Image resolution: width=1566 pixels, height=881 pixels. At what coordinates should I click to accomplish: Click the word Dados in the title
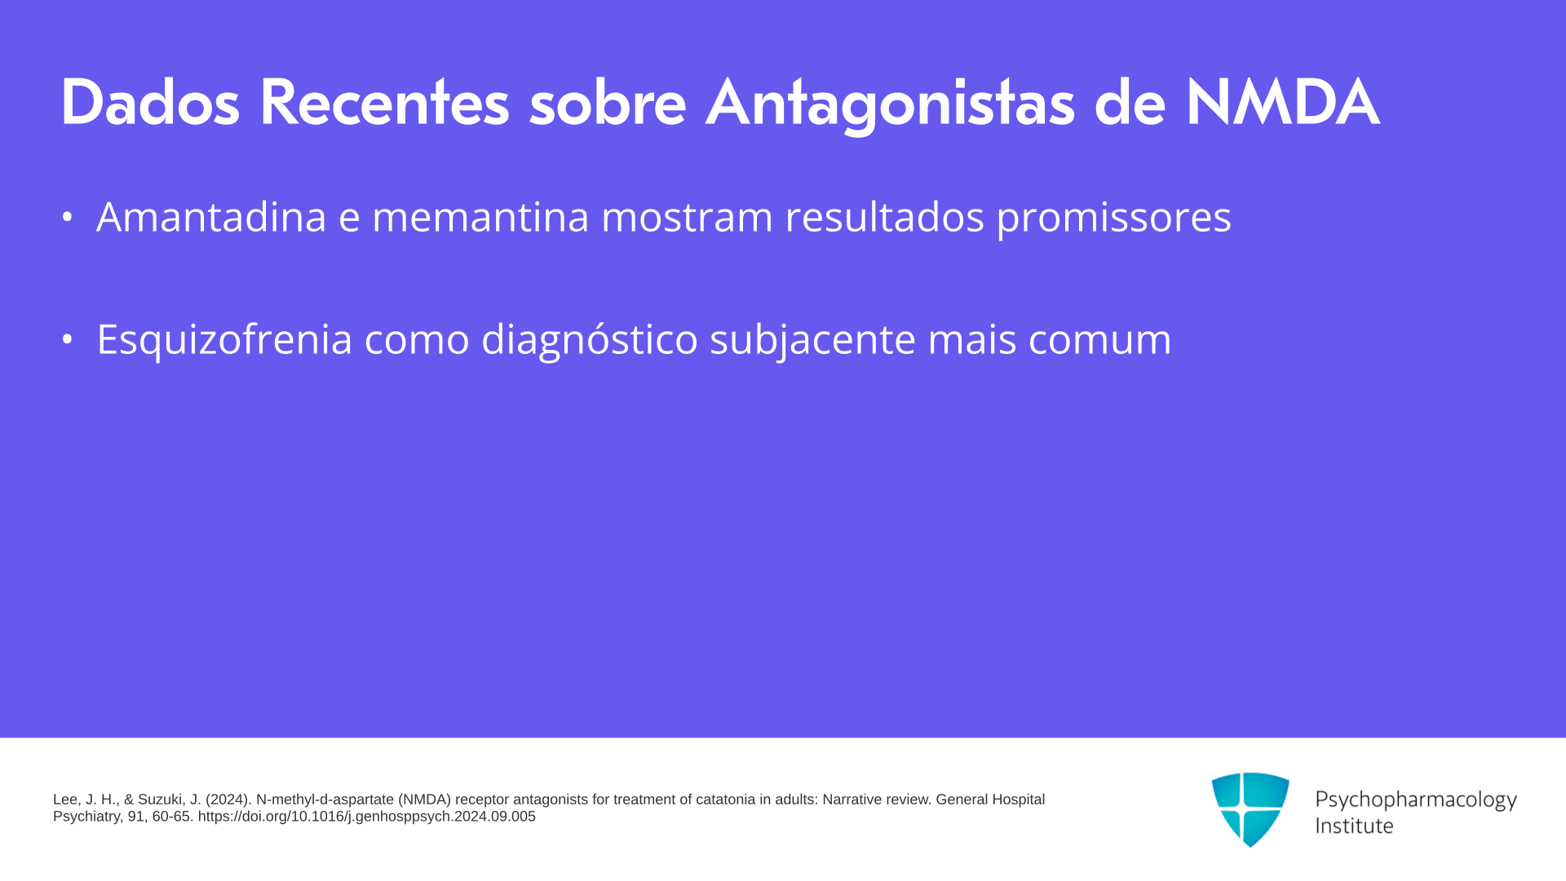(x=150, y=102)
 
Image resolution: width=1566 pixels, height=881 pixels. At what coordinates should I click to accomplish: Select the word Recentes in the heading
(x=384, y=102)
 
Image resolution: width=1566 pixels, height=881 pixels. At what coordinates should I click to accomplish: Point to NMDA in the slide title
(x=1282, y=102)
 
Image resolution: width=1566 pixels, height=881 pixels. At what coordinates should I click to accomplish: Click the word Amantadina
(x=211, y=216)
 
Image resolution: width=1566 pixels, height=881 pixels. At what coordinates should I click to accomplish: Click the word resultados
(x=884, y=216)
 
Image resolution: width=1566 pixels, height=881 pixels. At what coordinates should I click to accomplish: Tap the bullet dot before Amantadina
(x=68, y=217)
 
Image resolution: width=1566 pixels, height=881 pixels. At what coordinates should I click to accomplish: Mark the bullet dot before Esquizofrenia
(x=68, y=339)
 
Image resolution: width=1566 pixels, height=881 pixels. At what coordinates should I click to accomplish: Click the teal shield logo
(x=1250, y=809)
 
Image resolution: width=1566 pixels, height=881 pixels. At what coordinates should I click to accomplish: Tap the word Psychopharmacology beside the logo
(x=1416, y=800)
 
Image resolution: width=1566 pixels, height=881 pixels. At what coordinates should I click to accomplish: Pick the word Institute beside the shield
(x=1354, y=826)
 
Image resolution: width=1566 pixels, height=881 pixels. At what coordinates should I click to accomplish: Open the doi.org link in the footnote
(x=367, y=817)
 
